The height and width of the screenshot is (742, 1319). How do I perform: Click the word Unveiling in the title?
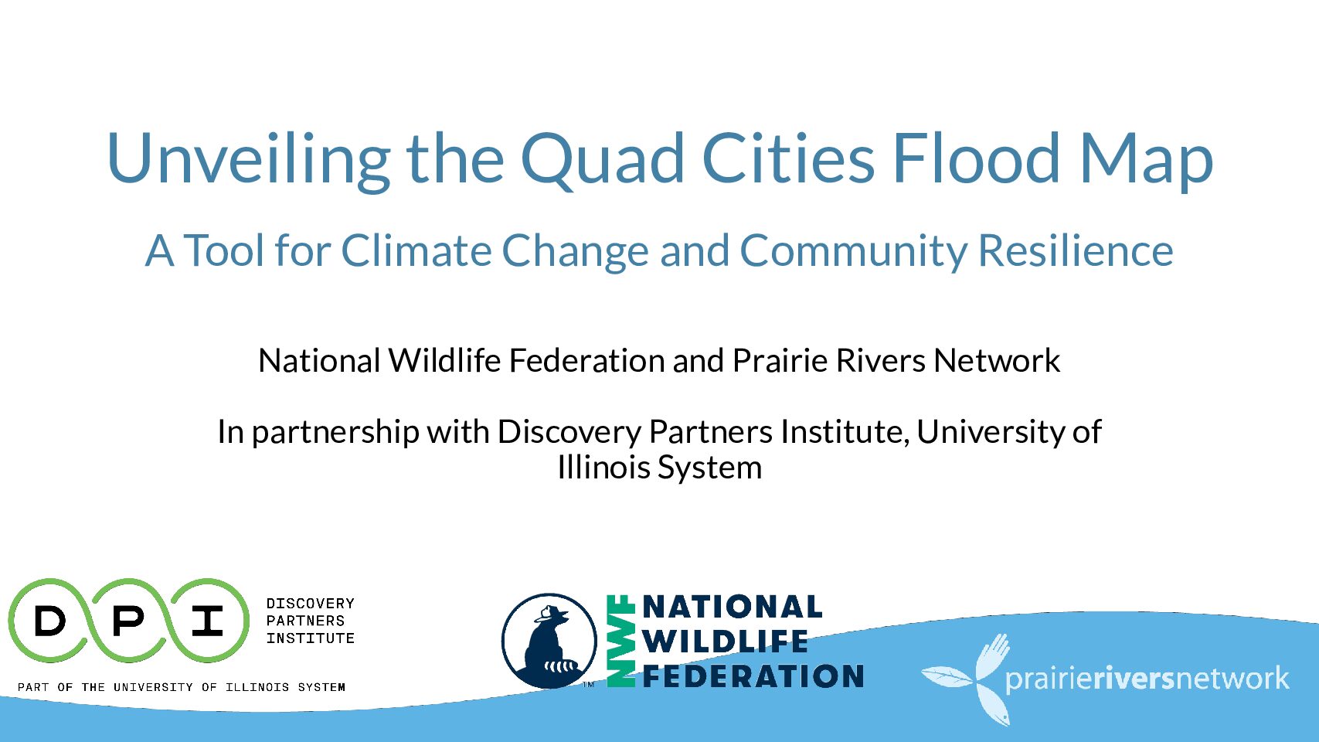[x=248, y=159]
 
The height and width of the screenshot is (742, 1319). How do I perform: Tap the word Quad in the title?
[x=603, y=158]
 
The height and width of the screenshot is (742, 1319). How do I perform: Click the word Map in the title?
[x=1146, y=162]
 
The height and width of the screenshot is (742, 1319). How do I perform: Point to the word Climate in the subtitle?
[x=416, y=251]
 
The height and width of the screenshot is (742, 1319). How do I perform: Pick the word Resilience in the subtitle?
[x=1076, y=250]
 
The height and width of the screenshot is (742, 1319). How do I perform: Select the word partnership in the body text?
[x=335, y=434]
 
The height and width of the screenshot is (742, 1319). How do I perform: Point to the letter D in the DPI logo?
[x=50, y=621]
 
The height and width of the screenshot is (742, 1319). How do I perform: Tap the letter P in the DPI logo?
[x=127, y=621]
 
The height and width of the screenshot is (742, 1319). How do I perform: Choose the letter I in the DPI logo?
[x=207, y=621]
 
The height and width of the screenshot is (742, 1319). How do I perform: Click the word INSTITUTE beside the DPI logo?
[x=311, y=638]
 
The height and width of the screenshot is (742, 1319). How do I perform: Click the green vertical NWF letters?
[x=620, y=641]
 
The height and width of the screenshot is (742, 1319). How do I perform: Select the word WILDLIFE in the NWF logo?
[x=726, y=642]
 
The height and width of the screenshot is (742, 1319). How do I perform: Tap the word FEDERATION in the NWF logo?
[x=753, y=676]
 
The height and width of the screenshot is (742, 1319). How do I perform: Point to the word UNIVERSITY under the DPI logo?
[x=153, y=687]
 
